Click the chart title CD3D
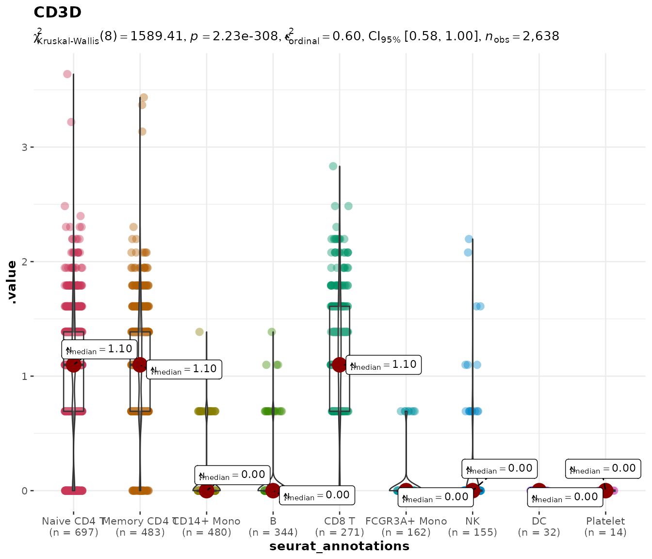(x=57, y=13)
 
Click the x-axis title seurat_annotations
(x=339, y=546)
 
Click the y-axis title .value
(x=12, y=282)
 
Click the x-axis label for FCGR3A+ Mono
(x=406, y=522)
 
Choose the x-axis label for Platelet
(x=605, y=522)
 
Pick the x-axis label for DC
(x=539, y=522)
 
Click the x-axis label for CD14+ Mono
(x=207, y=522)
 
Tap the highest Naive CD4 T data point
(x=67, y=74)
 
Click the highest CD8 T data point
(x=333, y=166)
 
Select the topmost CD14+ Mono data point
(x=199, y=332)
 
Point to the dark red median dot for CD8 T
(x=340, y=364)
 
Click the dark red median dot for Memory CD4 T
(x=140, y=364)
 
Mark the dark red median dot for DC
(x=539, y=491)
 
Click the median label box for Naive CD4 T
(x=99, y=349)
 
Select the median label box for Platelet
(x=603, y=468)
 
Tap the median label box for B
(x=317, y=495)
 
